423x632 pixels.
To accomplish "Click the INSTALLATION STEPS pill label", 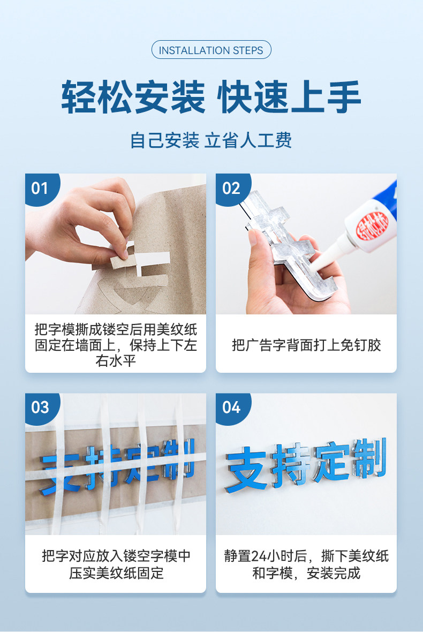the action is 211,50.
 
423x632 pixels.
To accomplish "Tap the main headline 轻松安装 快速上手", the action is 211,97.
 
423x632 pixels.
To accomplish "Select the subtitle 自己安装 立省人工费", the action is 211,141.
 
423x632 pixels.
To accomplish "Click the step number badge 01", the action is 40,188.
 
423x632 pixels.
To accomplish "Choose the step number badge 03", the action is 40,408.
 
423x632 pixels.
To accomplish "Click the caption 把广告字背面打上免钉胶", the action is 306,345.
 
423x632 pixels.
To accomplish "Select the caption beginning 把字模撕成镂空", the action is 116,345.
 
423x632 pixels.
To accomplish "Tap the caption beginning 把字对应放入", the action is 116,565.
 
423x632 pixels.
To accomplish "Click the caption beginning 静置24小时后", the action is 306,565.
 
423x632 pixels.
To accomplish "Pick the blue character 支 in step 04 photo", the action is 246,470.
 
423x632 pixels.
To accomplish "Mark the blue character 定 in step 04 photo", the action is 331,462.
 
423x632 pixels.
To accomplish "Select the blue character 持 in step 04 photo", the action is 290,465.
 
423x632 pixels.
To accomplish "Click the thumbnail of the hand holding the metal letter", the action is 306,244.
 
